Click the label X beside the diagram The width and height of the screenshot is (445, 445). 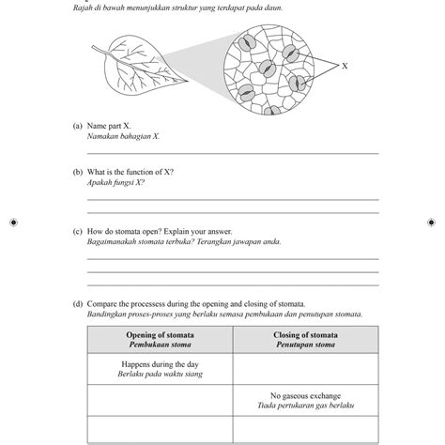(x=345, y=67)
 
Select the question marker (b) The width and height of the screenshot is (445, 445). (x=77, y=173)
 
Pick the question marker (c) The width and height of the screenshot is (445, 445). (x=77, y=231)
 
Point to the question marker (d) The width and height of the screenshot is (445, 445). (x=77, y=305)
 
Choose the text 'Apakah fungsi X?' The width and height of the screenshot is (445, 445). (x=115, y=183)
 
